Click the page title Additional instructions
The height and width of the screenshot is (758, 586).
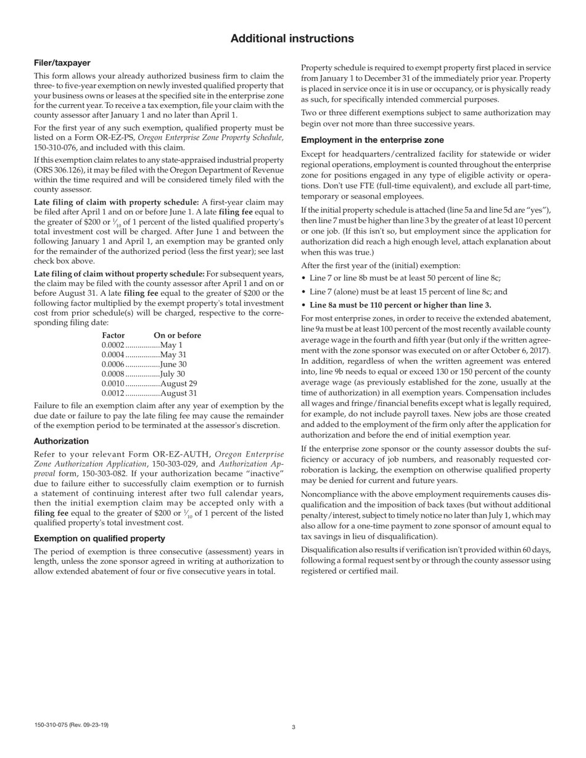tap(292, 39)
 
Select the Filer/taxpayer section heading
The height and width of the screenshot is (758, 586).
tap(62, 63)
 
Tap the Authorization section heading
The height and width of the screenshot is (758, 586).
tap(61, 441)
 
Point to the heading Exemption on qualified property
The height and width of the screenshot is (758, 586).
tap(99, 539)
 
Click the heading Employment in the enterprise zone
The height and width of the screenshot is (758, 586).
tap(372, 140)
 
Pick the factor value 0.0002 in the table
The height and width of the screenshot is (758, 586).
tap(113, 345)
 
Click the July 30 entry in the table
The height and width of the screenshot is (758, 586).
tap(172, 373)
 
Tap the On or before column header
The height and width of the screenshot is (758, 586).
tap(177, 335)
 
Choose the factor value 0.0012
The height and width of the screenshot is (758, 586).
tap(113, 393)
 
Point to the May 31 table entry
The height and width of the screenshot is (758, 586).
tap(173, 355)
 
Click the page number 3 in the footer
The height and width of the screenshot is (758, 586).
tap(294, 727)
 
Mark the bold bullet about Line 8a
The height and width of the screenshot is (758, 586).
tap(400, 305)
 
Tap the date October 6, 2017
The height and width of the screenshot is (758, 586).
tap(521, 351)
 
